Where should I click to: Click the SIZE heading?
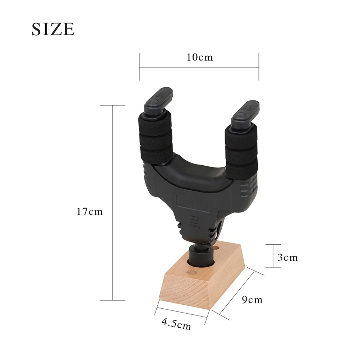[x=53, y=29]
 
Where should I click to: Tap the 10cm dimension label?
[x=200, y=57]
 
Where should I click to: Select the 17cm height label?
[x=89, y=212]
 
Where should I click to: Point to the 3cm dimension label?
[x=288, y=257]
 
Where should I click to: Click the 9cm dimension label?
[x=252, y=300]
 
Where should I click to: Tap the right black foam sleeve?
[x=241, y=151]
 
